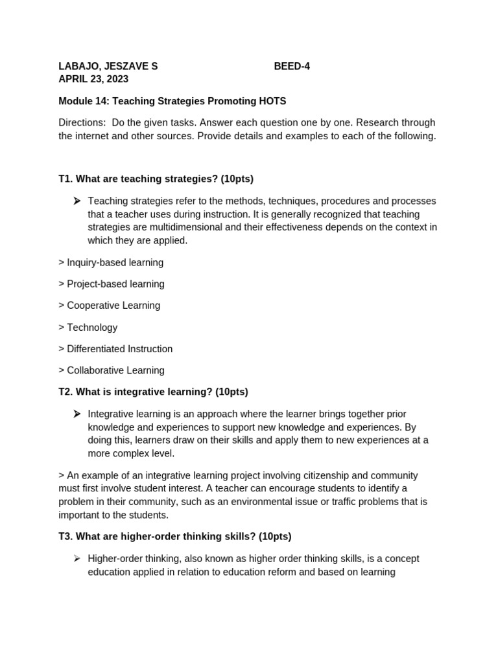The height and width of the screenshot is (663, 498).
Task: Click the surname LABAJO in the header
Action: point(78,66)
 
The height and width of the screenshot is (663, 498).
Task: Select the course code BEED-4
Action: point(292,66)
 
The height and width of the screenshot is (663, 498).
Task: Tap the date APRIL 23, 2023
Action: point(93,79)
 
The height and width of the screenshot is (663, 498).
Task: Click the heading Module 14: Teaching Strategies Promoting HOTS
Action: point(172,101)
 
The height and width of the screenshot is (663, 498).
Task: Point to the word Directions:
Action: point(82,122)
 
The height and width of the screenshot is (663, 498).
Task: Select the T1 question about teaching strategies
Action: point(156,179)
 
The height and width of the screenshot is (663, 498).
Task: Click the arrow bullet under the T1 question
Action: point(77,201)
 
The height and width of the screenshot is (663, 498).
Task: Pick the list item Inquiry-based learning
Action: point(111,262)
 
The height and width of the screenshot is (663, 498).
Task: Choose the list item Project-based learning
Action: point(112,284)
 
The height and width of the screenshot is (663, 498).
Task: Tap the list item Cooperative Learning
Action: point(109,305)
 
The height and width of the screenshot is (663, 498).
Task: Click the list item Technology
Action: point(88,327)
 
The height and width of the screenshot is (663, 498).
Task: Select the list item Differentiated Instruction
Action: point(115,348)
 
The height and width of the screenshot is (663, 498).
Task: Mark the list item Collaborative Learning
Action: point(112,370)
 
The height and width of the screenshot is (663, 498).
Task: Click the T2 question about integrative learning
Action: point(153,392)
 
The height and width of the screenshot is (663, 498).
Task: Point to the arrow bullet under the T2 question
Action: point(77,414)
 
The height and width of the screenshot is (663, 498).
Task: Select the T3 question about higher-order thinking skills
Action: point(175,536)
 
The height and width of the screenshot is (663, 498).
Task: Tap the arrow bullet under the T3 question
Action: point(77,558)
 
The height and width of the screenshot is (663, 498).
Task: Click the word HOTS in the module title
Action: point(272,101)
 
